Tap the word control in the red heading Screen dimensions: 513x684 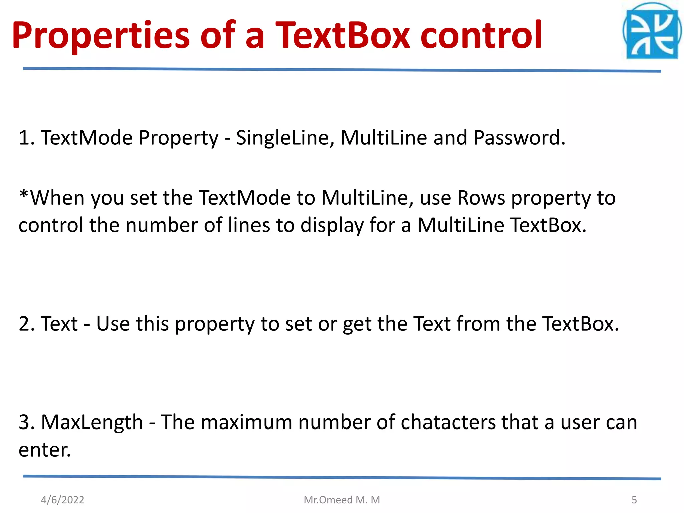[481, 35]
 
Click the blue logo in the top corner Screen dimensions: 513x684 [652, 32]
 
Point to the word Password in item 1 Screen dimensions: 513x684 [519, 138]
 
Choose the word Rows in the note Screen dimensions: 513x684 [481, 198]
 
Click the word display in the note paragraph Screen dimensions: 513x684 [332, 226]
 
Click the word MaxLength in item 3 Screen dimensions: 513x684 [92, 422]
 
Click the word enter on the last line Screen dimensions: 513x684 [44, 450]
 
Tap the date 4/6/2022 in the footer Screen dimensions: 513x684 [63, 500]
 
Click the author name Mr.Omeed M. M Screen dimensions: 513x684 [342, 500]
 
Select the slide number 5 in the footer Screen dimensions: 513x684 [634, 500]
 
